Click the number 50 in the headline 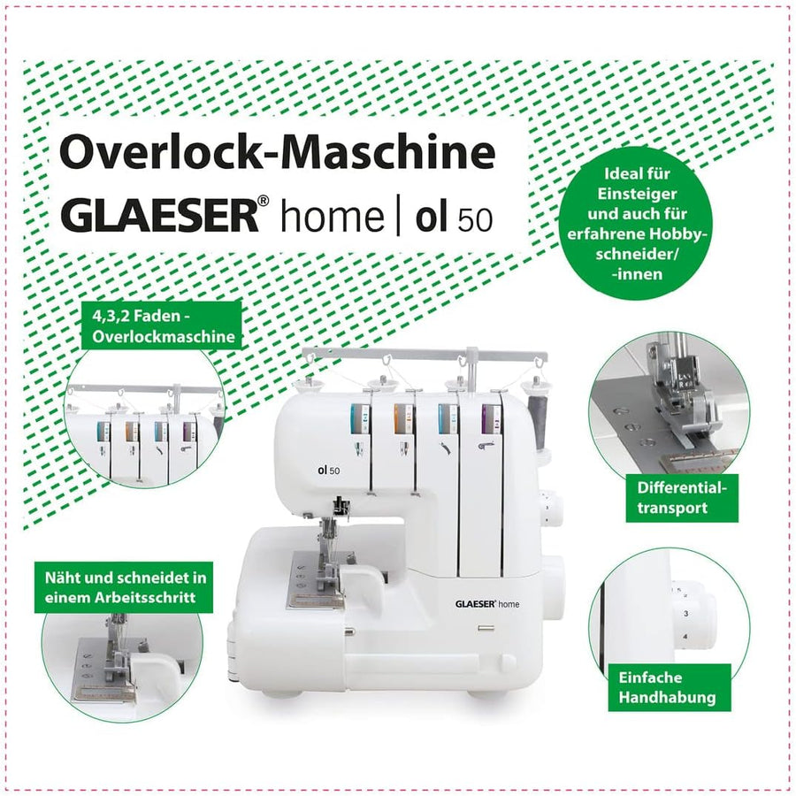tap(476, 220)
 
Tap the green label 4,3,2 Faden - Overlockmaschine tap(163, 325)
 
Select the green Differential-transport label tap(682, 498)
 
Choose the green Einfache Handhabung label tap(669, 687)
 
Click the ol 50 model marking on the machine tap(328, 471)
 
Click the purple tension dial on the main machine tap(489, 418)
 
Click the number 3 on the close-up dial tap(685, 613)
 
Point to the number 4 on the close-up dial tap(685, 636)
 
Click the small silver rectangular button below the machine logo tap(485, 630)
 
